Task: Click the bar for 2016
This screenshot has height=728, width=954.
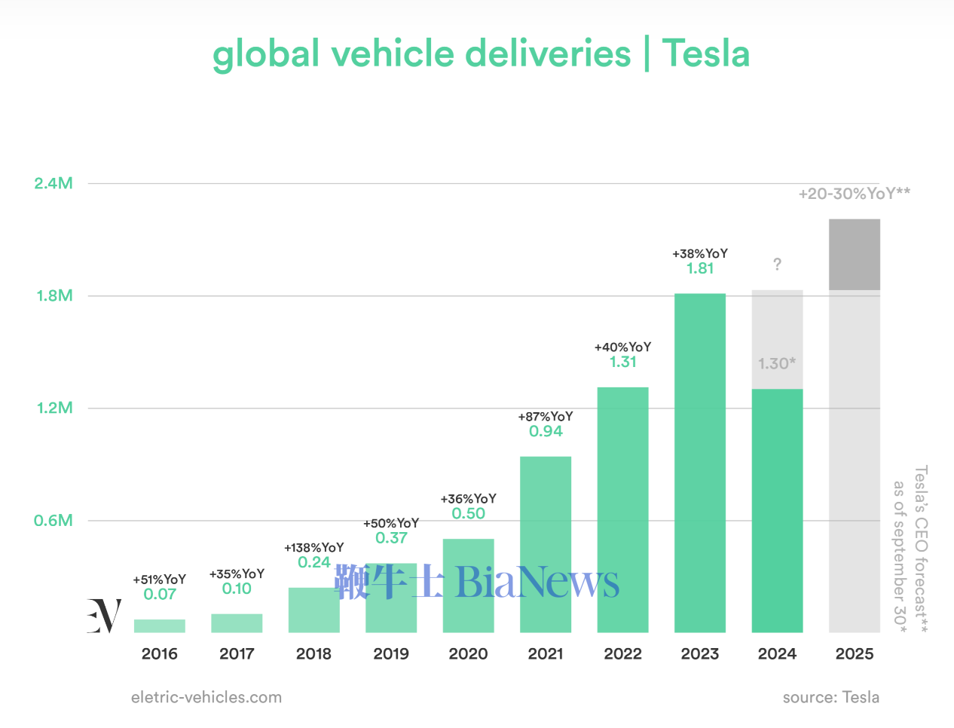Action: point(160,626)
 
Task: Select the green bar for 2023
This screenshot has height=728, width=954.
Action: point(700,463)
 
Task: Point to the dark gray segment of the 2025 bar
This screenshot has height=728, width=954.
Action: point(855,255)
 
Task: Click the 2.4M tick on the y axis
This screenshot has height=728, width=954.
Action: point(54,183)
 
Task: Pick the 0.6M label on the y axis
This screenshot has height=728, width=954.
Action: point(54,520)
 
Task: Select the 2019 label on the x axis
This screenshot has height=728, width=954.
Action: point(391,653)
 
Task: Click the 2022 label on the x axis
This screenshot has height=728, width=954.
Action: point(622,653)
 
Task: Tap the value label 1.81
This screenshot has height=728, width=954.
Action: point(700,268)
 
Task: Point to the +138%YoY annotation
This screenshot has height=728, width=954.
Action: point(313,548)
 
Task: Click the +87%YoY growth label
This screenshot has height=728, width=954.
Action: point(546,417)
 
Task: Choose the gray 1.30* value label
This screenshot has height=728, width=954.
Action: point(777,364)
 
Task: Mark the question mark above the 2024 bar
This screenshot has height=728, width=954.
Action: point(777,265)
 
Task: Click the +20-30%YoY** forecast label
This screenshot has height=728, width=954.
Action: point(855,194)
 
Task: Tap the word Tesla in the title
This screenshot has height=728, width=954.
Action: point(706,54)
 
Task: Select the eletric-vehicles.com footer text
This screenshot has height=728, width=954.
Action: point(206,697)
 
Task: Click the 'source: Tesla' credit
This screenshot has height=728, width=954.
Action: point(830,697)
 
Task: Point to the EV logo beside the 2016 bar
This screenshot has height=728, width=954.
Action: point(104,616)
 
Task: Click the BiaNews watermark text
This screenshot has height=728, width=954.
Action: point(537,583)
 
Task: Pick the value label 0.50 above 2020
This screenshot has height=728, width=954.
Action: point(468,513)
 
